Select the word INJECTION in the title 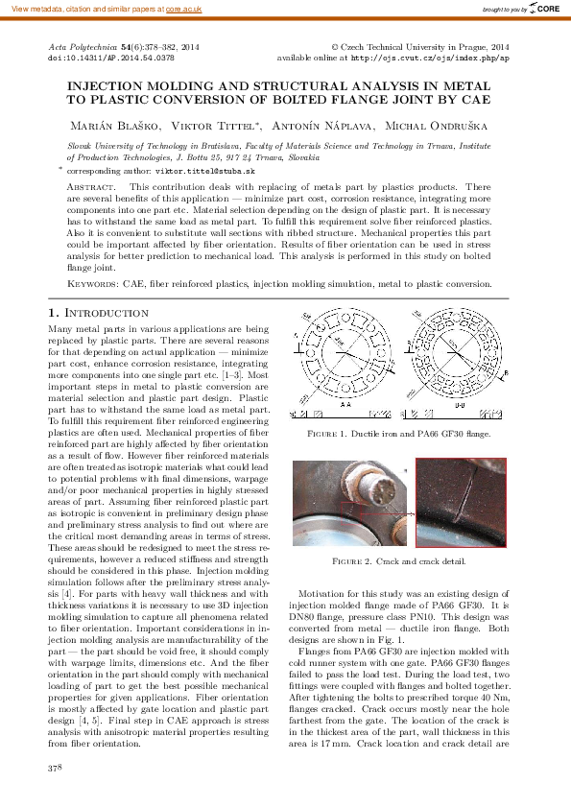[x=109, y=85]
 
